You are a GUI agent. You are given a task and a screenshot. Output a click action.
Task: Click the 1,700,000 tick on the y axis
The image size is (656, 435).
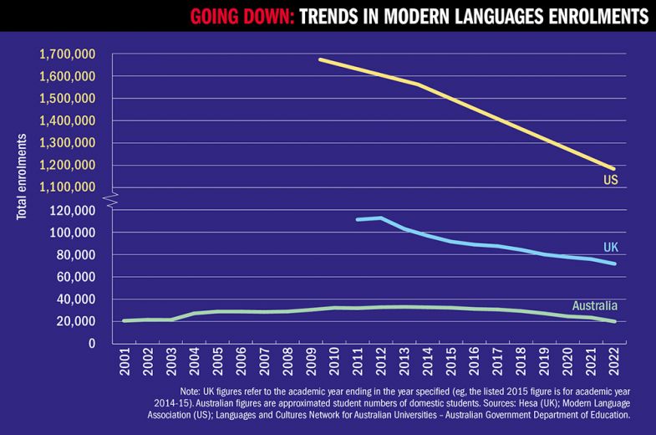click(66, 54)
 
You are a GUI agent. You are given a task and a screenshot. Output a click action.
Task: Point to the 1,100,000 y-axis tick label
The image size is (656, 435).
click(66, 187)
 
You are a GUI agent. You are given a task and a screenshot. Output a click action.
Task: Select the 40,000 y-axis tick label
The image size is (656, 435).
click(76, 299)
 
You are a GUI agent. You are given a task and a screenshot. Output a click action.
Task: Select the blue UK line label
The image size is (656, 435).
click(611, 247)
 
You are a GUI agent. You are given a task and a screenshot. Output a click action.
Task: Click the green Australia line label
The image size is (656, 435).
click(594, 305)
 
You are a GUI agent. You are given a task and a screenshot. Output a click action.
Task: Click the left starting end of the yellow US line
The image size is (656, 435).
click(320, 59)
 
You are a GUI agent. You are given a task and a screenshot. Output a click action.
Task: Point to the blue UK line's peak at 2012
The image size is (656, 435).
click(380, 218)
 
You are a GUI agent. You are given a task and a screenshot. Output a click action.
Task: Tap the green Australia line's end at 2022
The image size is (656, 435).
click(615, 321)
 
